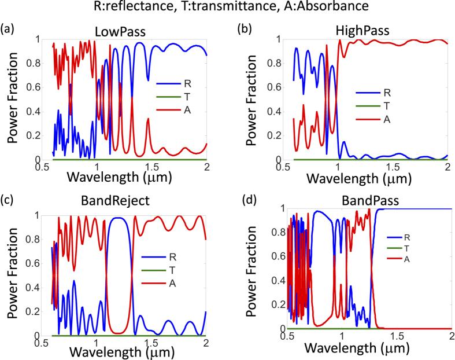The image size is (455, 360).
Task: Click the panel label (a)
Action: pos(8,28)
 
